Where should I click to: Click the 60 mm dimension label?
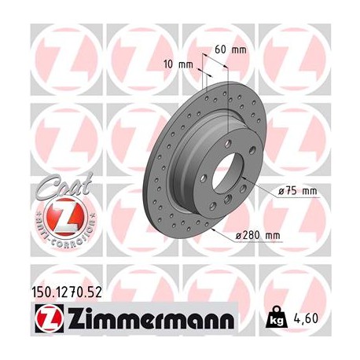[x=230, y=50]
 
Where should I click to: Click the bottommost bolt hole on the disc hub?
[x=222, y=206]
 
